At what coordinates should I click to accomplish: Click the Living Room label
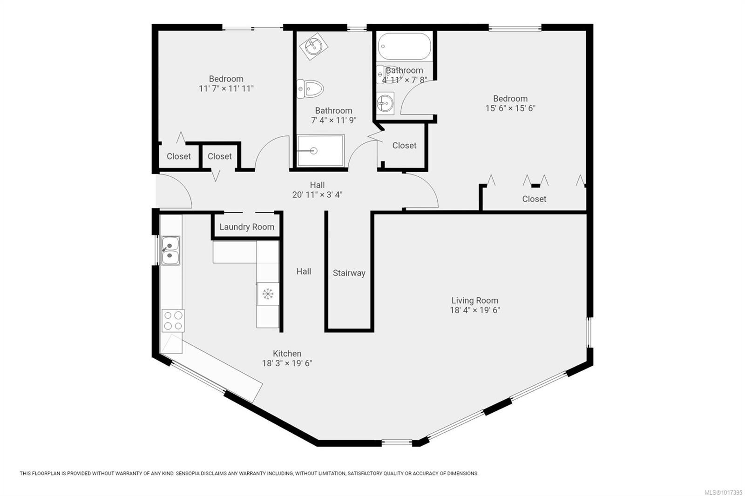pyautogui.click(x=474, y=301)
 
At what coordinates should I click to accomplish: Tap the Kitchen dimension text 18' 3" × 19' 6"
pyautogui.click(x=287, y=363)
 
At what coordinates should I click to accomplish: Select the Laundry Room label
pyautogui.click(x=247, y=227)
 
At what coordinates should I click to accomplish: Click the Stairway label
pyautogui.click(x=349, y=273)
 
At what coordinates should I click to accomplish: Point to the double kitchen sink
pyautogui.click(x=170, y=250)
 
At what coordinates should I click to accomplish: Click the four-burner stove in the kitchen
pyautogui.click(x=173, y=321)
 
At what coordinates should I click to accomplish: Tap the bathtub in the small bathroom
pyautogui.click(x=404, y=47)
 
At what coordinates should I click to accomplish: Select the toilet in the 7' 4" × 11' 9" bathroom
pyautogui.click(x=311, y=88)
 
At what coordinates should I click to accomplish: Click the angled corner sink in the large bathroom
pyautogui.click(x=314, y=46)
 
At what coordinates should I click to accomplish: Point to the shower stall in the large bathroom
pyautogui.click(x=320, y=151)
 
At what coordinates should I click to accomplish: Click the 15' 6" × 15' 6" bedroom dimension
pyautogui.click(x=510, y=108)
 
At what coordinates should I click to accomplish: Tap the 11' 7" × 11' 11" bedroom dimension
pyautogui.click(x=226, y=88)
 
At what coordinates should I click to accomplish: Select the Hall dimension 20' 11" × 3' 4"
pyautogui.click(x=317, y=195)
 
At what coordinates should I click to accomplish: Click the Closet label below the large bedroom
pyautogui.click(x=534, y=199)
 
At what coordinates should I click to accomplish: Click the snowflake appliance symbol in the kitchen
pyautogui.click(x=268, y=294)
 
